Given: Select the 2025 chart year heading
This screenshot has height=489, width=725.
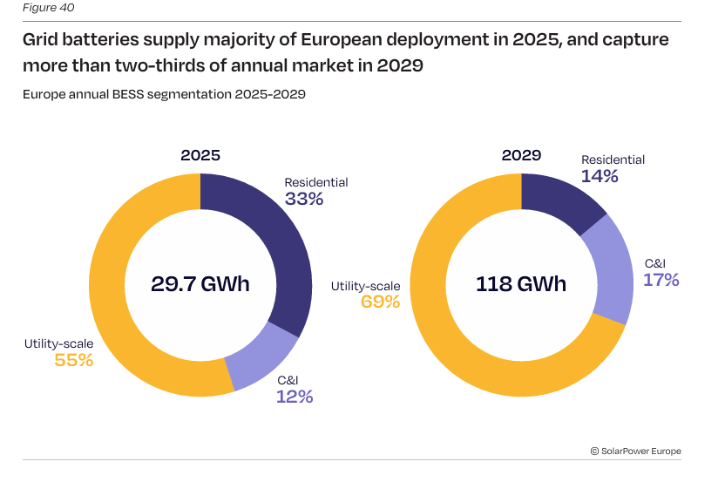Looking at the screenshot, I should click(x=200, y=156).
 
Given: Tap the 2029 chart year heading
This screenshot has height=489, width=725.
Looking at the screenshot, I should click(x=521, y=155).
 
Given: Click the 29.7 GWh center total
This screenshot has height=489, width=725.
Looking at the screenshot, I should click(x=200, y=284).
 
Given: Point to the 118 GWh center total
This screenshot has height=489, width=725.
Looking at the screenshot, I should click(x=521, y=284).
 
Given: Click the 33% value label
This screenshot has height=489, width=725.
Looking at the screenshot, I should click(x=304, y=199).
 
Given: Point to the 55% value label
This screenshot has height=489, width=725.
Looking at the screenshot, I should click(x=73, y=360).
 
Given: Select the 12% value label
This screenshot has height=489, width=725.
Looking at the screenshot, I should click(x=295, y=397).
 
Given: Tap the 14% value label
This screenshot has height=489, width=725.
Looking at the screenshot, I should click(x=600, y=176).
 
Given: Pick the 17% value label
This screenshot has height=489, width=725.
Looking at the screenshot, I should click(x=661, y=280).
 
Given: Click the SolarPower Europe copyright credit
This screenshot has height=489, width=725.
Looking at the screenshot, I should click(x=635, y=451).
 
